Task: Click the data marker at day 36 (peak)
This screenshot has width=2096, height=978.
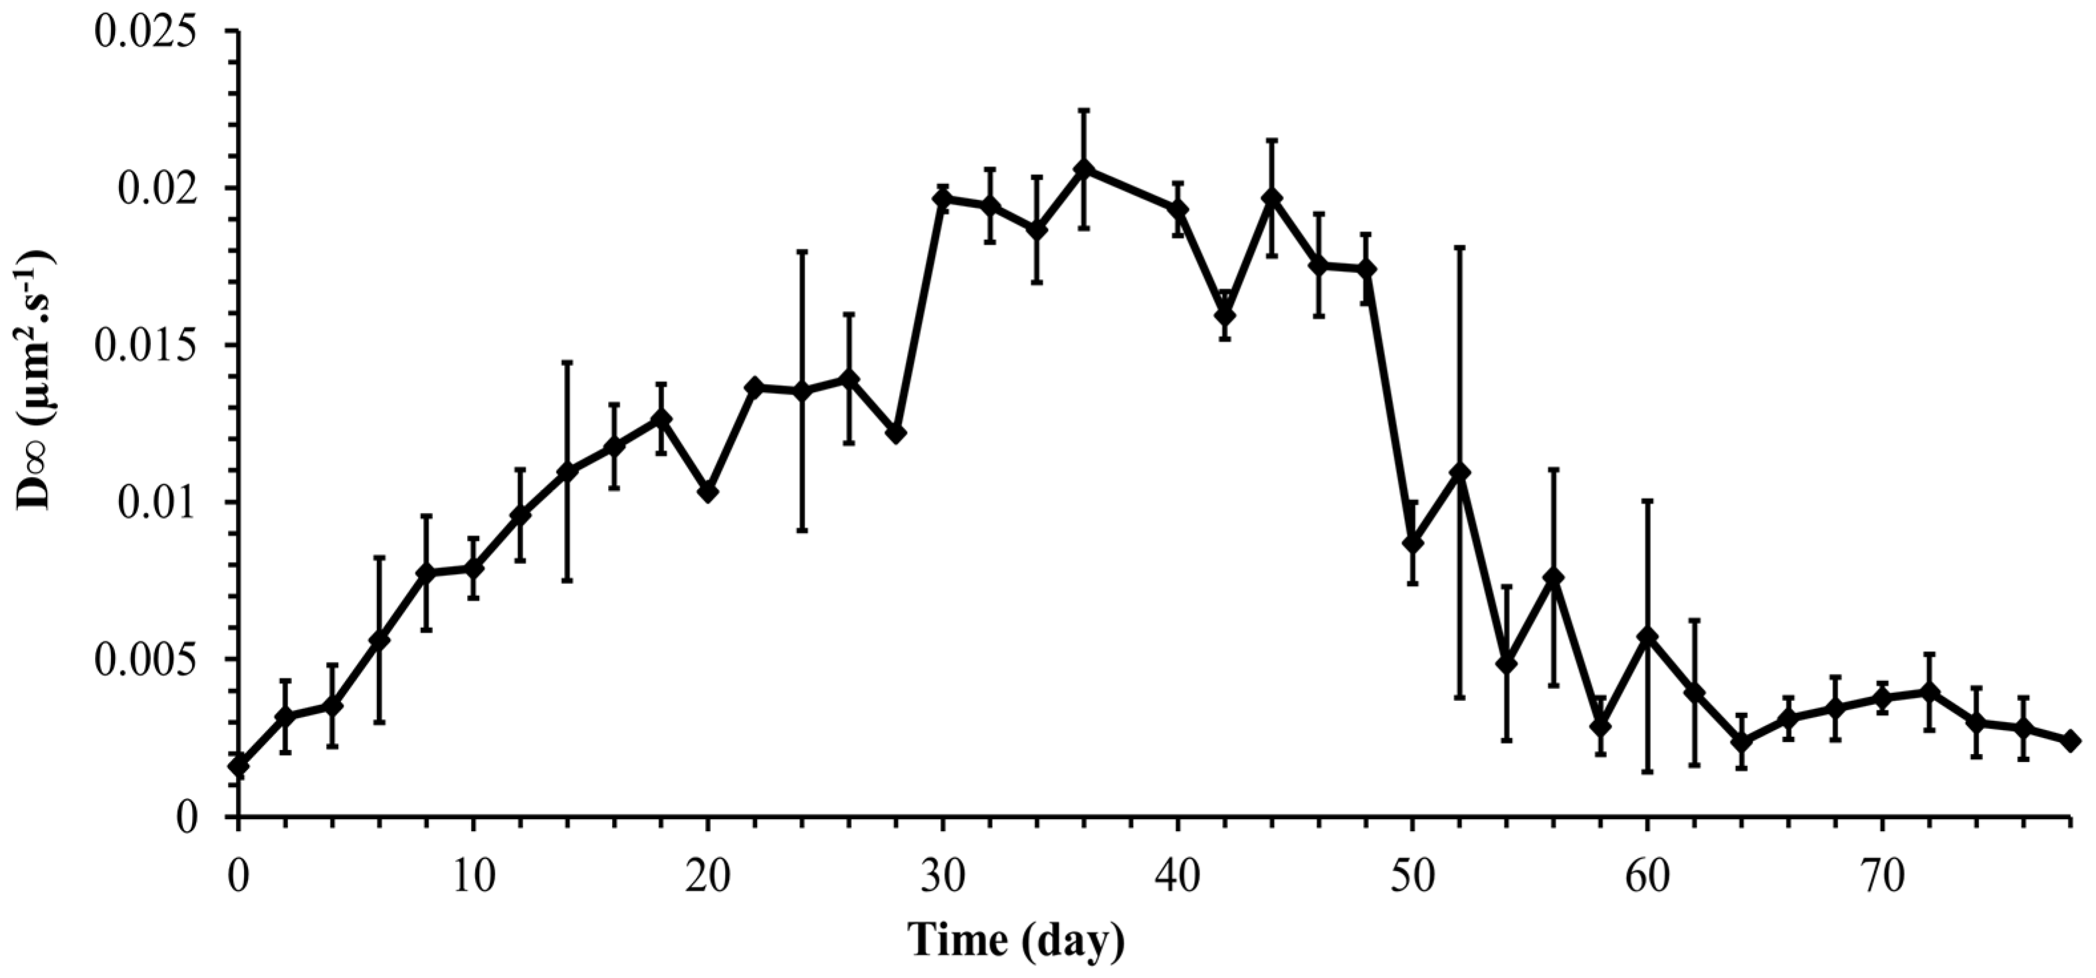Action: pos(1083,168)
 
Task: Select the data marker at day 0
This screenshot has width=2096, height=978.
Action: pos(239,765)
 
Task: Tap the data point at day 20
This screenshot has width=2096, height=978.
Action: pos(708,492)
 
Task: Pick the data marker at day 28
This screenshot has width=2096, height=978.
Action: pos(896,434)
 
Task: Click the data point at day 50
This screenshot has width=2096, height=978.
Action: pos(1413,543)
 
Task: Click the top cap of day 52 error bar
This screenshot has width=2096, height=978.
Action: pos(1460,246)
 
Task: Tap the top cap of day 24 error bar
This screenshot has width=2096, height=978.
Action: pos(802,251)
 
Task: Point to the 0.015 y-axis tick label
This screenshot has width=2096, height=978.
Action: pos(146,345)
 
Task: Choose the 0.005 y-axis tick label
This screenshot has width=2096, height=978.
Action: pos(146,659)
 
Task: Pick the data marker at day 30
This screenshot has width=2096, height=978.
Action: pos(943,199)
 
